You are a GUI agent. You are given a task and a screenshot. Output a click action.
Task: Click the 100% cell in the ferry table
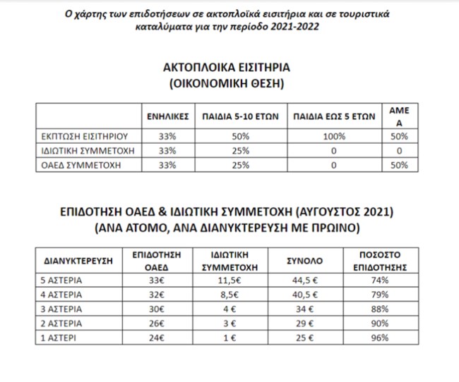click(x=335, y=137)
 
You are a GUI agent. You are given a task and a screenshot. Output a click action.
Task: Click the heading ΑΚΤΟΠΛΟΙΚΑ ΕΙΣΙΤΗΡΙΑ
click(x=227, y=68)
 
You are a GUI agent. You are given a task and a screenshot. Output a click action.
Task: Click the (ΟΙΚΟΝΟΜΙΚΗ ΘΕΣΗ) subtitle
click(x=226, y=83)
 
